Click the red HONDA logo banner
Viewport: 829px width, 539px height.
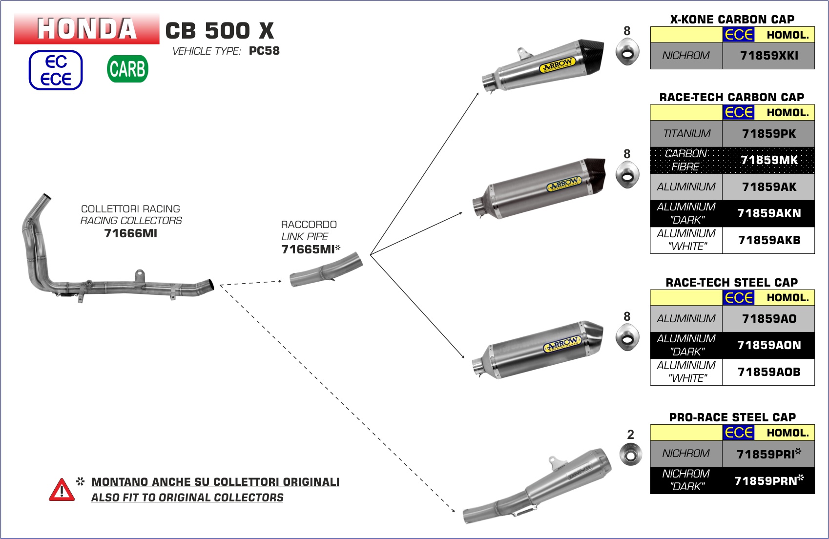87,29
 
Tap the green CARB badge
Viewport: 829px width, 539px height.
127,69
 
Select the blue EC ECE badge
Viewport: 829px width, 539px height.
56,70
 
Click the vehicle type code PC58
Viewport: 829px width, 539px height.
264,51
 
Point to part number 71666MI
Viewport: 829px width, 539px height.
131,233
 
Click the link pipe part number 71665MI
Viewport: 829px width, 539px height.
308,249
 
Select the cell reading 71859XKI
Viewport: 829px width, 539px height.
768,56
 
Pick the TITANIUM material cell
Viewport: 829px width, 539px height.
686,134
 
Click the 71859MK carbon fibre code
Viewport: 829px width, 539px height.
768,160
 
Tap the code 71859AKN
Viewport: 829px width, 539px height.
768,213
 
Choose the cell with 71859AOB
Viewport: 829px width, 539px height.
768,372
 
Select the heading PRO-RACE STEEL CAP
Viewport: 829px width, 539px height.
732,417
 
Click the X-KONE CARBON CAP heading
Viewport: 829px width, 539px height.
732,20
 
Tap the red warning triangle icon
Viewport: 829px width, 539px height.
62,490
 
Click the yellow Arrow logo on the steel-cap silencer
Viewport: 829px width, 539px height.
562,345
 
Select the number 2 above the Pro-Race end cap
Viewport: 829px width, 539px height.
630,435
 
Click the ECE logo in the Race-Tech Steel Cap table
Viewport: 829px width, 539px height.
739,298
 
